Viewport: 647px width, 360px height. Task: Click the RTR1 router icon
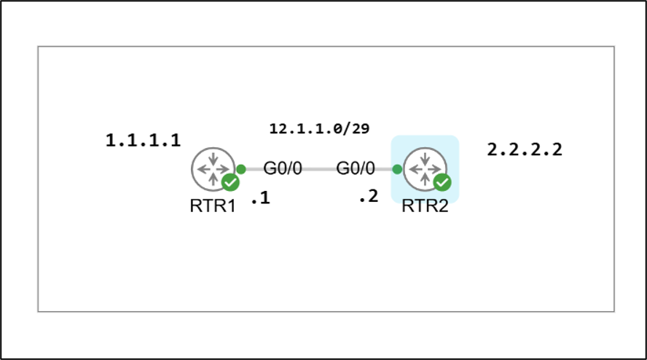[x=213, y=169]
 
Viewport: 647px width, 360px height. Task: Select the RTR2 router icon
[x=425, y=169]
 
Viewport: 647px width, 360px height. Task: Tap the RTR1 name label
[x=213, y=206]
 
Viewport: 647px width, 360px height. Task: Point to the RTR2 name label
[x=425, y=206]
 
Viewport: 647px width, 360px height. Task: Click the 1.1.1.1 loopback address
[x=144, y=141]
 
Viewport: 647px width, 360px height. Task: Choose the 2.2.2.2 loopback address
[x=525, y=149]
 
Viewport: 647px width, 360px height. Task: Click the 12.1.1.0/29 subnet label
[x=319, y=128]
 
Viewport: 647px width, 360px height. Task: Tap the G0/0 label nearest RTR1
[x=283, y=168]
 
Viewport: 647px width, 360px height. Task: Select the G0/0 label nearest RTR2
[x=356, y=168]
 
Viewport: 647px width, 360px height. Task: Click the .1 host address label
[x=261, y=198]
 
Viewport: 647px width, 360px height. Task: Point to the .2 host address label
[x=369, y=197]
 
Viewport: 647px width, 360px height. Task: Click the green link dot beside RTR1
[x=241, y=169]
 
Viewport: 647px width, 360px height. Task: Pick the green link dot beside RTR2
[x=397, y=169]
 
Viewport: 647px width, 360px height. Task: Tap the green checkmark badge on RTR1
[x=231, y=182]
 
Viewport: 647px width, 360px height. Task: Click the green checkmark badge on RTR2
[x=442, y=182]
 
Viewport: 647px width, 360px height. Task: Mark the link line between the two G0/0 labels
[x=319, y=169]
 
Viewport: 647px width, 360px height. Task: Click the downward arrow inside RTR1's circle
[x=213, y=159]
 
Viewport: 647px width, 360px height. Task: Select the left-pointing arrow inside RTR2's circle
[x=415, y=169]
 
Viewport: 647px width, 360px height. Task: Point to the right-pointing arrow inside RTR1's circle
[x=222, y=169]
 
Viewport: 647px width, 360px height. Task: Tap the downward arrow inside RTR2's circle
[x=425, y=159]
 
